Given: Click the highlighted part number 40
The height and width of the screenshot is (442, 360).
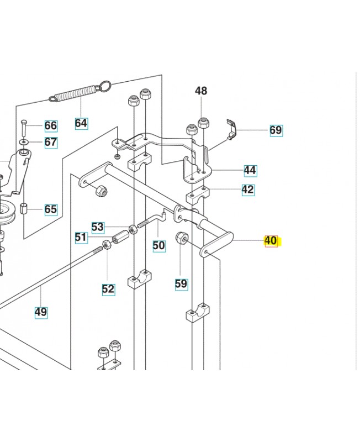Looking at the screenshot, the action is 271,241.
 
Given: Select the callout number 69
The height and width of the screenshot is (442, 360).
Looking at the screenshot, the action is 276,130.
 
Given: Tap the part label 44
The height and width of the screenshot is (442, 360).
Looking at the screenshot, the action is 250,170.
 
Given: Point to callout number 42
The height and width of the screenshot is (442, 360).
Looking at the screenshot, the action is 248,190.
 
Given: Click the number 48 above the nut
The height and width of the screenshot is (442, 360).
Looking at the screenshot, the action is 201,91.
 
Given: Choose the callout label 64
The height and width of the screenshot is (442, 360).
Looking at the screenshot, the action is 81,123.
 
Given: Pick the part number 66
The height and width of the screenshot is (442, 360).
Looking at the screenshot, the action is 51,125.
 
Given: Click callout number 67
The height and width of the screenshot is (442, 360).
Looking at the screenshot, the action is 51,142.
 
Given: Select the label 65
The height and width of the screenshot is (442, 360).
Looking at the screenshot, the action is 51,209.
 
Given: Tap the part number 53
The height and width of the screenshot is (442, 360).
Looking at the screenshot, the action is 98,227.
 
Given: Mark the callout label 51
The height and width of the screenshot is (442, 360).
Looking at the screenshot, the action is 81,237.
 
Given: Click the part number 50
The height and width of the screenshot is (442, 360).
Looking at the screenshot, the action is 159,245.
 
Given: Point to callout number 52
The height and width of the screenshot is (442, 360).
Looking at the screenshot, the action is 108,289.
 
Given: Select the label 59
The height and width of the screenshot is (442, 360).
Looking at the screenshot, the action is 181,284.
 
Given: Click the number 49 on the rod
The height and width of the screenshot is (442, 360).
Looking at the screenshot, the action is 41,312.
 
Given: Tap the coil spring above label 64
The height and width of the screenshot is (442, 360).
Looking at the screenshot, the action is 80,91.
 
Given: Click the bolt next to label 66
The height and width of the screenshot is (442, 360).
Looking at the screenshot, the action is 24,128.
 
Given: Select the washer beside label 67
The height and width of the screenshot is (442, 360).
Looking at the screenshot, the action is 24,141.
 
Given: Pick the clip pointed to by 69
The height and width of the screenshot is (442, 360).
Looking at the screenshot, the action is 231,129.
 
